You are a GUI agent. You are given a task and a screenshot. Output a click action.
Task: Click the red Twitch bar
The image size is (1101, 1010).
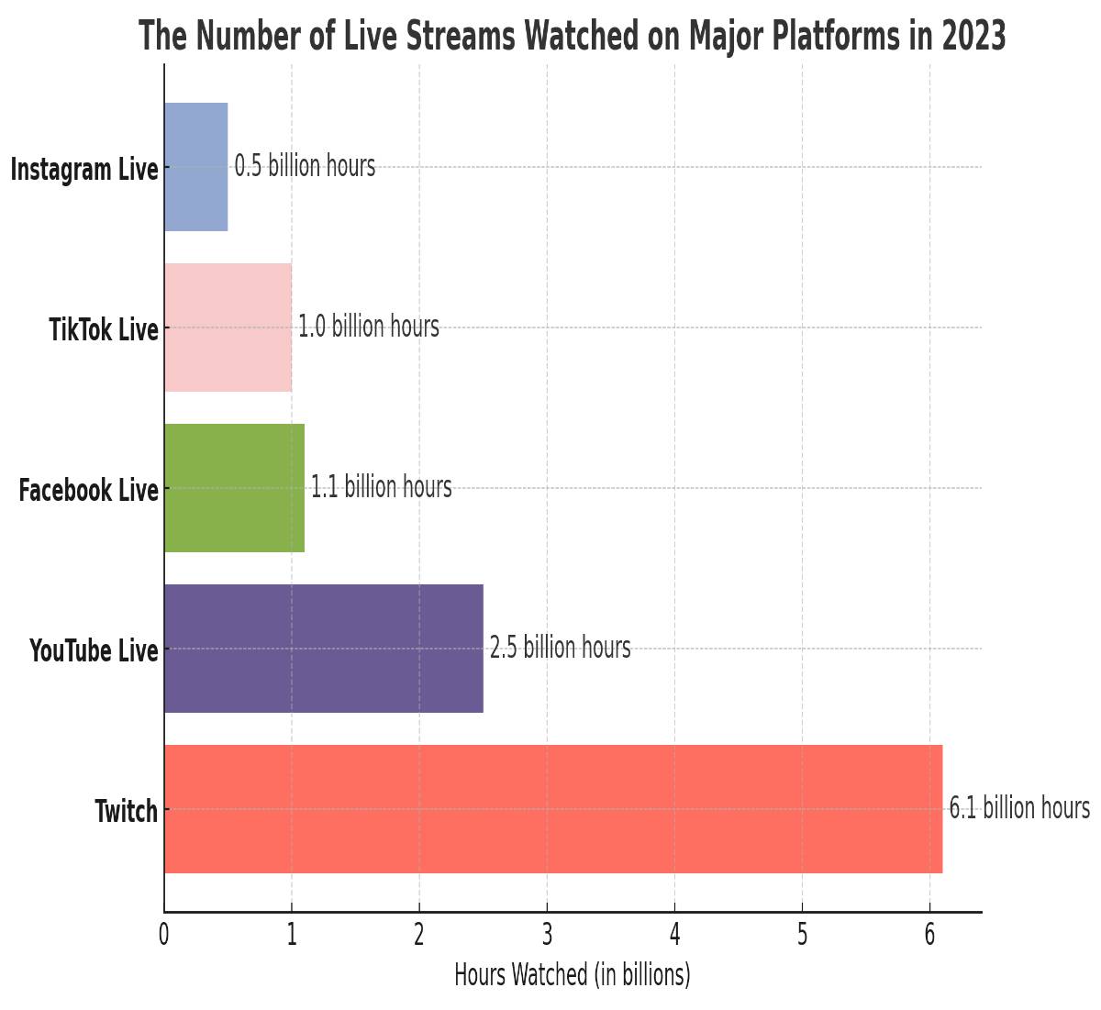tap(553, 808)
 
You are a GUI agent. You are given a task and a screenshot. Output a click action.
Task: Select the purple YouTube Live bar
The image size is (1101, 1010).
tap(324, 648)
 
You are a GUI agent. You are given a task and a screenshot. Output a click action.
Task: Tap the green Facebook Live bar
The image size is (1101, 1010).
tap(234, 487)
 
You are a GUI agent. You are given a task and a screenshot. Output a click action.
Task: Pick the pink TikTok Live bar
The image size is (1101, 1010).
tap(228, 327)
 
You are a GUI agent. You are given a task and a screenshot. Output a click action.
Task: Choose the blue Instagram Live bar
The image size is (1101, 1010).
tap(195, 166)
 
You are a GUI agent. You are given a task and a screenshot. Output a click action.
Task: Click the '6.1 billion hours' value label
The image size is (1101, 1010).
tap(1019, 808)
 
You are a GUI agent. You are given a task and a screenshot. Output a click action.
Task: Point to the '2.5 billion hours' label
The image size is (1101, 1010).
tap(560, 648)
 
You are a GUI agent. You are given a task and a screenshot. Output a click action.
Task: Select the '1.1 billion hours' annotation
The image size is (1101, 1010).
tap(381, 487)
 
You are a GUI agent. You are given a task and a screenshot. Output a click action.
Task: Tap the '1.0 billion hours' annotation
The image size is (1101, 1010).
tap(368, 327)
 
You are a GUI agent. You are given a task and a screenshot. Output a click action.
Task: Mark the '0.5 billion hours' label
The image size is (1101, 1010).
tap(305, 166)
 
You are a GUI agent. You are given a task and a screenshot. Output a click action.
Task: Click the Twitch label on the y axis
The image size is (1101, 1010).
tap(126, 812)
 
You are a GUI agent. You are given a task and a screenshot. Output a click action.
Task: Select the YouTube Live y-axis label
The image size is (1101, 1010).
tap(94, 651)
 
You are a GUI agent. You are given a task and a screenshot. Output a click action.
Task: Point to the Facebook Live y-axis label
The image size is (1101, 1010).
tap(88, 491)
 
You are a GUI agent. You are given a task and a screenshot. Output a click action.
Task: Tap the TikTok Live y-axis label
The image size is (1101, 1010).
tap(104, 330)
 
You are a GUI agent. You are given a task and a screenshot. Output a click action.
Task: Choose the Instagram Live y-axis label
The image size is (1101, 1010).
tap(83, 170)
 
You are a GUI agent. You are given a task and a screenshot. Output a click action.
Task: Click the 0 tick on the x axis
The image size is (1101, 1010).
tap(164, 935)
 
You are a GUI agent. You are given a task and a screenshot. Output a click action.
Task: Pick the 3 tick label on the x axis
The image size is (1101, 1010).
tap(547, 935)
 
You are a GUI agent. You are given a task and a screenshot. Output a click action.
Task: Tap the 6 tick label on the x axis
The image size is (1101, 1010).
tap(929, 935)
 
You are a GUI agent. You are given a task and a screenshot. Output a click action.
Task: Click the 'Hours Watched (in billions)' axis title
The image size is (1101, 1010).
tap(573, 974)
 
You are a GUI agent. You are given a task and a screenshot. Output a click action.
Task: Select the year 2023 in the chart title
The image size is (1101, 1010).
tap(973, 37)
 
